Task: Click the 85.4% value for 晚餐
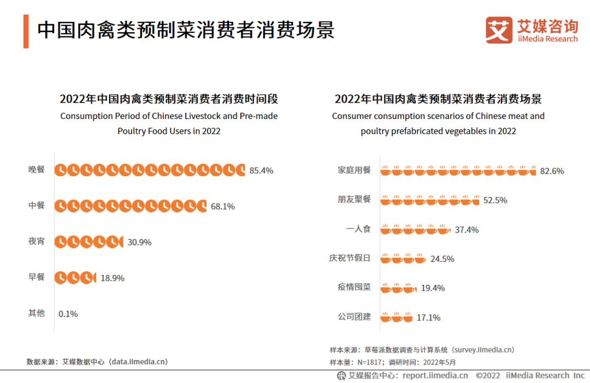click(x=261, y=170)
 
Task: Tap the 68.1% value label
click(x=222, y=206)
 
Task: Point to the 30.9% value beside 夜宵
click(x=139, y=242)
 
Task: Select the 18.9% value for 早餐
click(x=113, y=278)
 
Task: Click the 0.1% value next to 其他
click(x=68, y=314)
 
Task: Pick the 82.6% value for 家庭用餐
click(x=552, y=171)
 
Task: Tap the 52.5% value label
click(x=495, y=200)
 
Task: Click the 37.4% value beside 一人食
click(x=467, y=230)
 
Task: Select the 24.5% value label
click(x=442, y=259)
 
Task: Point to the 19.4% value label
click(x=433, y=288)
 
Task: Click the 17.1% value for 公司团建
click(x=428, y=318)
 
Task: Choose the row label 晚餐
click(x=37, y=170)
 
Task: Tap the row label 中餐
click(x=37, y=206)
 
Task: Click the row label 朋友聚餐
click(x=354, y=200)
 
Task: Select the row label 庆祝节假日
click(x=350, y=258)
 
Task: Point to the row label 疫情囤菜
click(x=354, y=288)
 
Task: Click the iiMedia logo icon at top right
click(x=499, y=30)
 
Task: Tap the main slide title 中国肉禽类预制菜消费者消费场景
click(x=186, y=31)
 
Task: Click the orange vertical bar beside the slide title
click(x=26, y=31)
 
